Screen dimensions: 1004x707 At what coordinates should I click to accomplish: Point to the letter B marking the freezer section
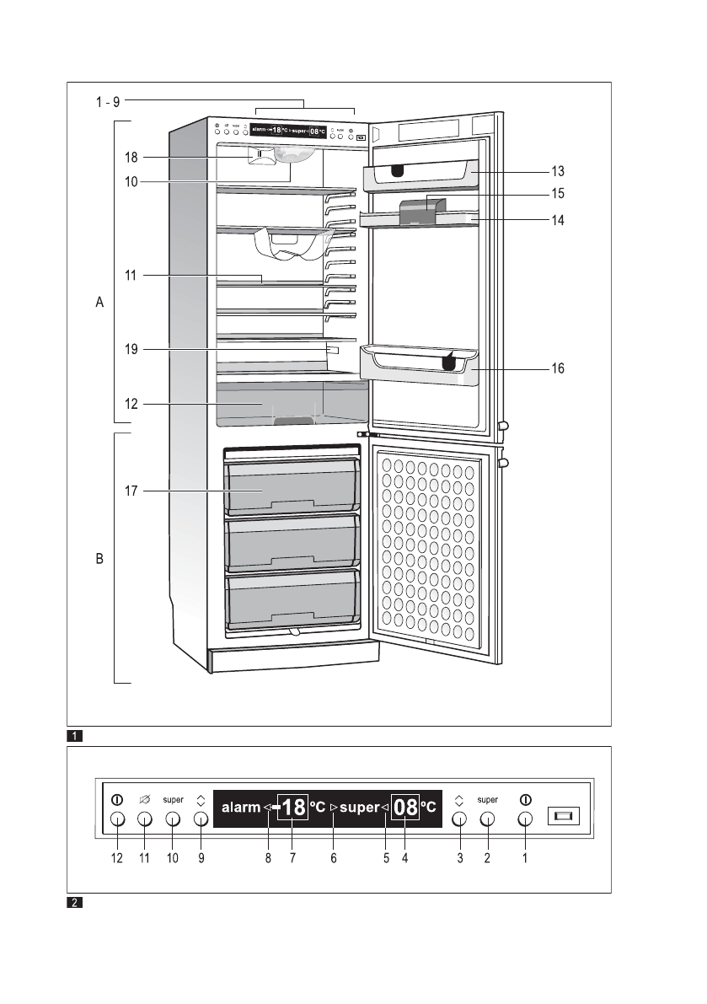[99, 558]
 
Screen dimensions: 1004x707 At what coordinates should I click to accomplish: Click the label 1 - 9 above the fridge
[107, 102]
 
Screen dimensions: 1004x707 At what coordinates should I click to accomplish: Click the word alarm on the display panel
[241, 808]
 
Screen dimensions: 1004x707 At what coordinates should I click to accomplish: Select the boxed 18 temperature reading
[293, 808]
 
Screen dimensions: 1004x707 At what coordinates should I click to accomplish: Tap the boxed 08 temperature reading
[406, 808]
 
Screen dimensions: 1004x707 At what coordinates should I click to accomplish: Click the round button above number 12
[117, 819]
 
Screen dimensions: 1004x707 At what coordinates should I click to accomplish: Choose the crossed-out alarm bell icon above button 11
[144, 799]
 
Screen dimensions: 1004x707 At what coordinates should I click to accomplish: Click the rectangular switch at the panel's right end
[563, 816]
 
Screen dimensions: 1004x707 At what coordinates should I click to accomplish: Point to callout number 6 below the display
[334, 858]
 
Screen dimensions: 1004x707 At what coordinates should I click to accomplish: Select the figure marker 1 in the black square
[75, 736]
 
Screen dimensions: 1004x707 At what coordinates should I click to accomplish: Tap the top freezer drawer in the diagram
[292, 488]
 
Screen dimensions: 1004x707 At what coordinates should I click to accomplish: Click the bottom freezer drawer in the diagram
[292, 599]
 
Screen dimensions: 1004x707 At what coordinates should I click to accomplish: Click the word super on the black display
[360, 808]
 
